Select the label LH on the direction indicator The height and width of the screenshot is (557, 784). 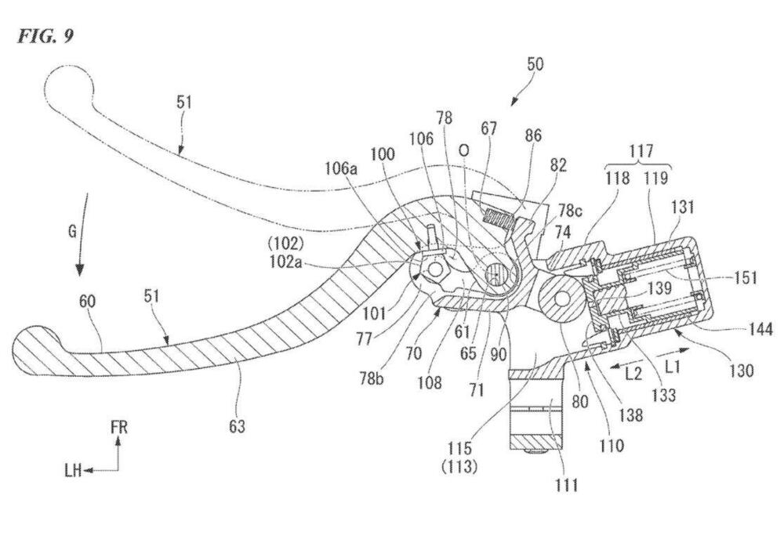pos(74,470)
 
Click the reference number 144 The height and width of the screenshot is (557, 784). pos(760,330)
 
